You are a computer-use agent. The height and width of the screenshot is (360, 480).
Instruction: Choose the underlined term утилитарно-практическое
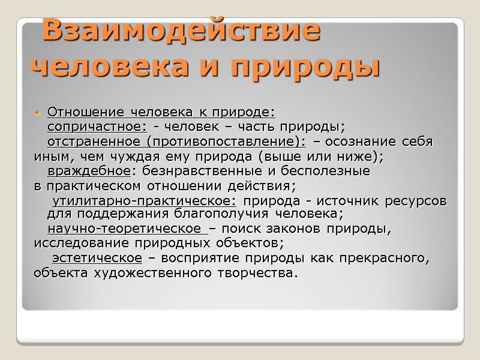click(x=144, y=200)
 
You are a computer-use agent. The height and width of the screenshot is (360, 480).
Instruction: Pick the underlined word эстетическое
click(x=97, y=259)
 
